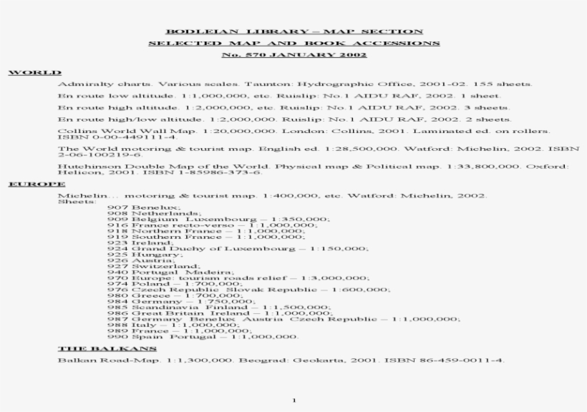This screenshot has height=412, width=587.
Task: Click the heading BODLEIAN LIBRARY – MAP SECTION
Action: pos(293,31)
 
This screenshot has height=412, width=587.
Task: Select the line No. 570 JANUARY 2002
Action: pos(293,54)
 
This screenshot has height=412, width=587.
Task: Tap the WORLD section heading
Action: pos(34,73)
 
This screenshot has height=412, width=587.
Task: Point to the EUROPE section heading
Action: pos(37,184)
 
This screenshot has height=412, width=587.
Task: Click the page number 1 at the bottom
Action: pos(293,400)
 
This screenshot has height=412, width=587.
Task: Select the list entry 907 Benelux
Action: pos(135,207)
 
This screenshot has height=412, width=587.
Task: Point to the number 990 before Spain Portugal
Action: pos(117,336)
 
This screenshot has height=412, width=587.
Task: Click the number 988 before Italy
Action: pos(117,324)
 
